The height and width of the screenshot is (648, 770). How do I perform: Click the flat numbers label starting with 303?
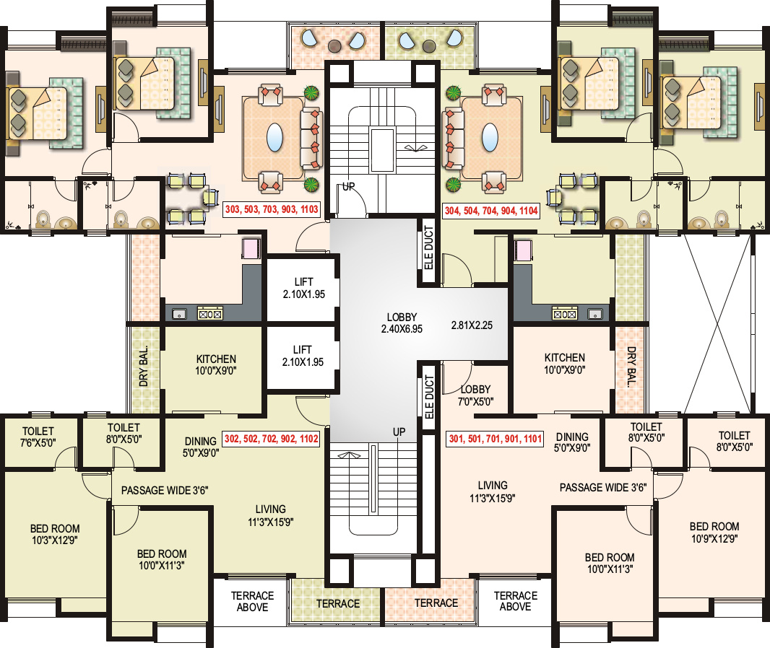point(272,209)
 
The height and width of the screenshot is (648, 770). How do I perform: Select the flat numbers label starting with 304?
point(491,211)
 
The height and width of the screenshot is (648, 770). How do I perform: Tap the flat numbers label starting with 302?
point(272,439)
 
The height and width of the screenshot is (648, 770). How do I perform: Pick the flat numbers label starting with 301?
point(495,439)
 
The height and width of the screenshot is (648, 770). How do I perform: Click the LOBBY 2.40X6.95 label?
point(402,323)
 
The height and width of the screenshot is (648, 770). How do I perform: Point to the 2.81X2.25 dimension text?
point(472,325)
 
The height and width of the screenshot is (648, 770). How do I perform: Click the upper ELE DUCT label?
point(429,248)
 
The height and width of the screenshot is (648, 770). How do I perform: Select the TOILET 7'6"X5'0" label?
point(38,436)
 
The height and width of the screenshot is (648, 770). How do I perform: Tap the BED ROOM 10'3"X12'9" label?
point(55,534)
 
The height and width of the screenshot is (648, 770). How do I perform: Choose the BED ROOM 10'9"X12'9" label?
point(714,533)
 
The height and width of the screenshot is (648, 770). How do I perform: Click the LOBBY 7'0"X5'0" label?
point(475,395)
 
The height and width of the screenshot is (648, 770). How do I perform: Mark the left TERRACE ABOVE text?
point(252,601)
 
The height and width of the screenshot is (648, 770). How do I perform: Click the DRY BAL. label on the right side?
point(631,367)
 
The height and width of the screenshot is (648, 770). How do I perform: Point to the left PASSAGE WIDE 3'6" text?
point(165,490)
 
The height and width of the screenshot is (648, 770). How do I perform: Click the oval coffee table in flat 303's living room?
point(275,137)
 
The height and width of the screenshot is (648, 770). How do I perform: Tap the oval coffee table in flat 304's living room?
point(490,137)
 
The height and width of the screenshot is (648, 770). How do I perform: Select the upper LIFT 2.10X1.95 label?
point(304,288)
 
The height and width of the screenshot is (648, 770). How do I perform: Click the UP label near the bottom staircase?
point(399,432)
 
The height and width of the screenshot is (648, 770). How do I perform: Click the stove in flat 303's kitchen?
point(210,313)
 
